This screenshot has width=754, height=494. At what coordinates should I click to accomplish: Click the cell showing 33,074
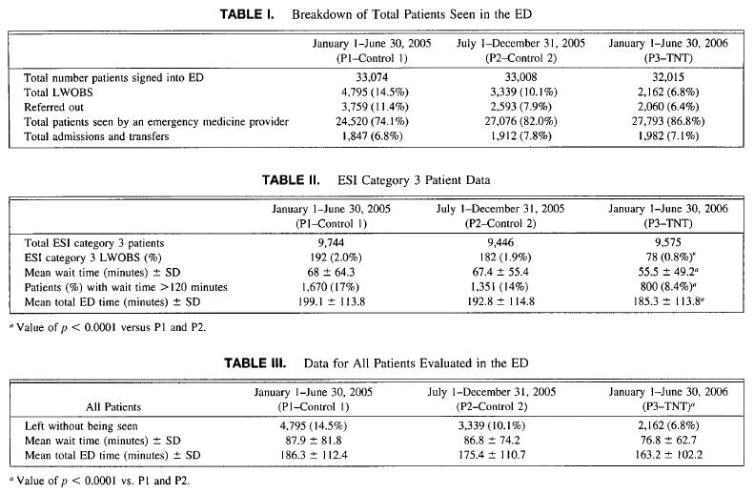(x=372, y=77)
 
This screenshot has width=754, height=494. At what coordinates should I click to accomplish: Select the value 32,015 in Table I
(x=668, y=77)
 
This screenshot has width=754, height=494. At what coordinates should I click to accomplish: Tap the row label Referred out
(x=53, y=107)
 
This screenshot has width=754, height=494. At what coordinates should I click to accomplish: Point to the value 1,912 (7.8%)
(x=520, y=136)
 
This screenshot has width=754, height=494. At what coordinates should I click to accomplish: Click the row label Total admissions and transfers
(x=96, y=136)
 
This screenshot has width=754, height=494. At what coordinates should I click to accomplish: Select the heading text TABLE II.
(x=291, y=180)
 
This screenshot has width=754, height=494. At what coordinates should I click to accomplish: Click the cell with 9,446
(x=500, y=242)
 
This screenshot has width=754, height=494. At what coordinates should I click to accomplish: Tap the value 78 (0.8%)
(x=668, y=257)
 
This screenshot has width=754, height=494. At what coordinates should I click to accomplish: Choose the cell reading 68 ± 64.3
(x=331, y=272)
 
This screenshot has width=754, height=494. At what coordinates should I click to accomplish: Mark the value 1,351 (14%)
(x=500, y=287)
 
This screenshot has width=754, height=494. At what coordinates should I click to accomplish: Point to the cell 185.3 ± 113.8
(x=668, y=302)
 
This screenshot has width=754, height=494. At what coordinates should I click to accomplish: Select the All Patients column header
(x=113, y=407)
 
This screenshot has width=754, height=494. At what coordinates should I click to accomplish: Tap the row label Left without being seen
(x=81, y=426)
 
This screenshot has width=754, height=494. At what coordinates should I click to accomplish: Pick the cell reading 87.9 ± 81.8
(x=314, y=441)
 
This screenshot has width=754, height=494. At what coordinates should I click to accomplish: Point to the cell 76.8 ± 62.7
(x=668, y=441)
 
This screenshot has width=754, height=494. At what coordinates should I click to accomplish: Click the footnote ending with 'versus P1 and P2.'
(x=108, y=327)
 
